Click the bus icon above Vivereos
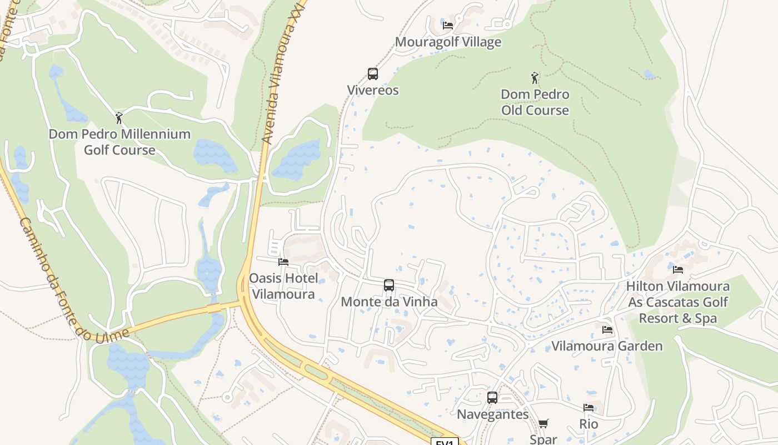tap(373, 74)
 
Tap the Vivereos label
tap(373, 90)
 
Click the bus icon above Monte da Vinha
tap(389, 285)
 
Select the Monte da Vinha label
tap(389, 302)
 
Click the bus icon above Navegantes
tap(492, 398)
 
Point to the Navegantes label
tap(492, 414)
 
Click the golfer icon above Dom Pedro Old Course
tap(535, 78)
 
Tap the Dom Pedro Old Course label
tap(535, 102)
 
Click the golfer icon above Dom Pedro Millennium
tap(118, 118)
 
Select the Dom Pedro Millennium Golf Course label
tap(119, 142)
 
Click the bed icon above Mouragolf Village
tap(448, 26)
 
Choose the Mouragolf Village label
tap(448, 42)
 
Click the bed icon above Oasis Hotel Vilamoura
tap(283, 262)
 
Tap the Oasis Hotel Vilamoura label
tap(283, 286)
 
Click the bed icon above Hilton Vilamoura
tap(678, 270)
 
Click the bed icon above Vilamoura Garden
tap(607, 330)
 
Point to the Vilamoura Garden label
tap(607, 346)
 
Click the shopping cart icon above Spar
tap(543, 424)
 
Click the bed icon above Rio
tap(589, 408)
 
